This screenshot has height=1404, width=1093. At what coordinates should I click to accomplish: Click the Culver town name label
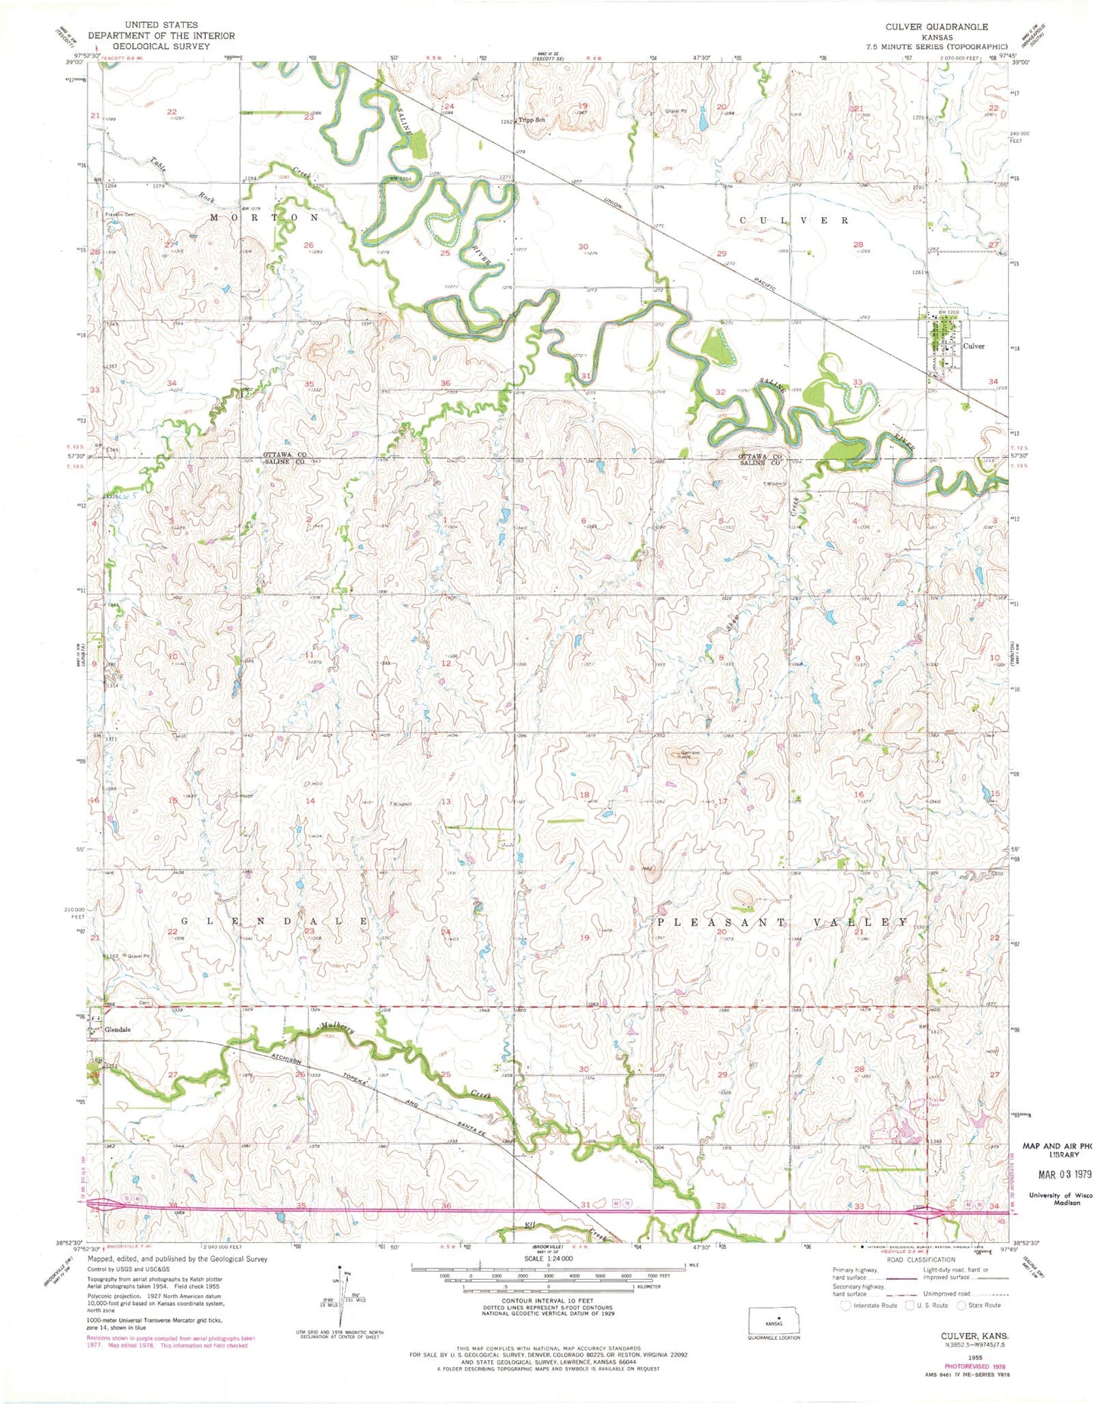pos(973,346)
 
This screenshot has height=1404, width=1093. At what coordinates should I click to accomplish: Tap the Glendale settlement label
pos(118,1030)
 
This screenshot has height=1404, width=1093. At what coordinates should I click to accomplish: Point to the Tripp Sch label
pos(533,120)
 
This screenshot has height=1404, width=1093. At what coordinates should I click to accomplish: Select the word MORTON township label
pos(264,217)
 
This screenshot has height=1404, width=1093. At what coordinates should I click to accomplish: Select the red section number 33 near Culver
pos(857,382)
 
